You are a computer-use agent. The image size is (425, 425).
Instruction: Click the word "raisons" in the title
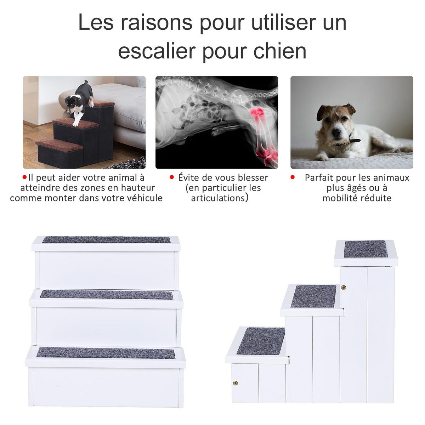point(156,22)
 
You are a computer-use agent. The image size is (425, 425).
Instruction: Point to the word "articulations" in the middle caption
point(218,198)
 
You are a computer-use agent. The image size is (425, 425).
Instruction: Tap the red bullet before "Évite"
point(172,177)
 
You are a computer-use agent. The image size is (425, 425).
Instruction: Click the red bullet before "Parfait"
point(293,177)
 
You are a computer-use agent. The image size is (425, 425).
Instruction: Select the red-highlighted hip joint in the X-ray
point(258,113)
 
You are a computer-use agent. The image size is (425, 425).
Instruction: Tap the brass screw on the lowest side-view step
point(235,383)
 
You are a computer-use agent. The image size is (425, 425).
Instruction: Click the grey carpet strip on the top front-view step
point(106,240)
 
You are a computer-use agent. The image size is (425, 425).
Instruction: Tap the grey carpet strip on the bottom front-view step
point(106,353)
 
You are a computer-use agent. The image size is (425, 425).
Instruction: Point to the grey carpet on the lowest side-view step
point(261,341)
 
